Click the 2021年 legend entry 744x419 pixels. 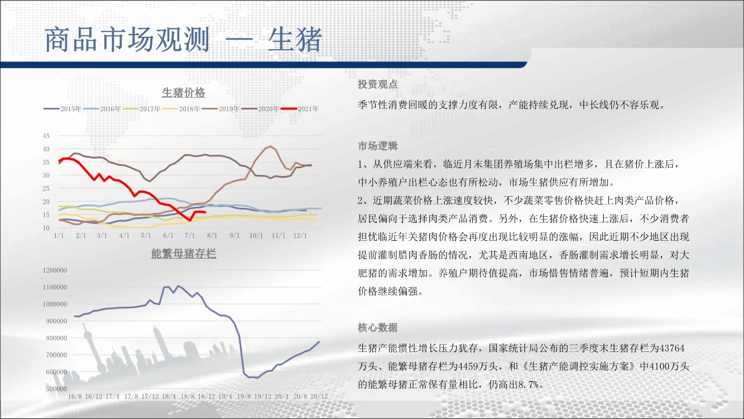click(300, 109)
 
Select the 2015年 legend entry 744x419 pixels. click(63, 109)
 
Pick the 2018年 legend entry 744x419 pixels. click(181, 109)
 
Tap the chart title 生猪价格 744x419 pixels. click(184, 93)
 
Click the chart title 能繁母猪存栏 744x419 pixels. click(184, 254)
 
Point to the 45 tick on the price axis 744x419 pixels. click(46, 136)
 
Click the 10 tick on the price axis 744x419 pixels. click(46, 228)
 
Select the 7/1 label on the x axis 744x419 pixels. click(190, 235)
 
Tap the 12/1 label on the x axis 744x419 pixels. click(300, 235)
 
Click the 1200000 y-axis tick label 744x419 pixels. click(55, 270)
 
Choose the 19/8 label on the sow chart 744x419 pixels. click(244, 397)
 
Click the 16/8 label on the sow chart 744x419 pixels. click(75, 397)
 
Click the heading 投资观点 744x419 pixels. click(378, 84)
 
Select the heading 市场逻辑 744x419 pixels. click(378, 146)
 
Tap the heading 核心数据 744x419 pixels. click(378, 327)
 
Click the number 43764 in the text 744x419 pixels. click(671, 348)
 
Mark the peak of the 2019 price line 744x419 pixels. click(271, 146)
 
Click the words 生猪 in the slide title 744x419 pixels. click(295, 40)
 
